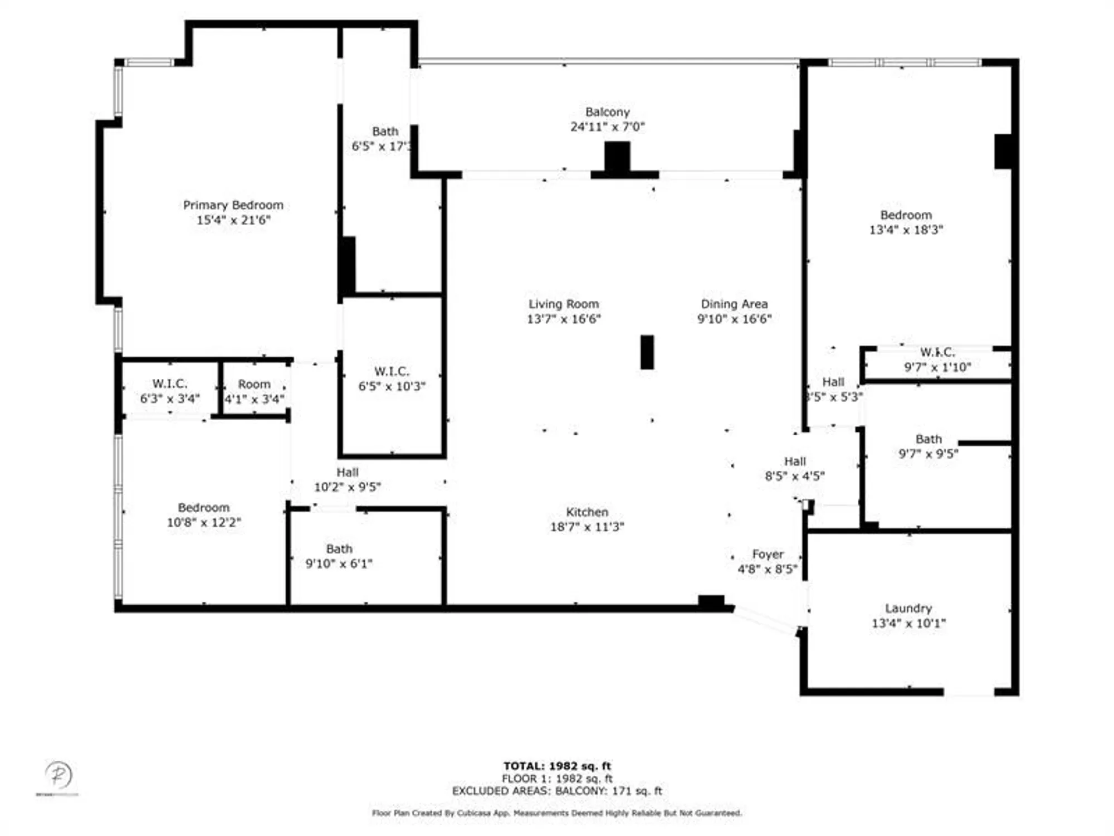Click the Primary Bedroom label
[233, 205]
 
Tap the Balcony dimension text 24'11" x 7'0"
[607, 127]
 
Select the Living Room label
[564, 304]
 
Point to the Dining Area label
[734, 304]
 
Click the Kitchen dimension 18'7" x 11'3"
[587, 527]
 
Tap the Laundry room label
[908, 609]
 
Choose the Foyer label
[768, 555]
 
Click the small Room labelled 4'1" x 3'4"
[254, 391]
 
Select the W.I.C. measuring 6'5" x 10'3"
[392, 379]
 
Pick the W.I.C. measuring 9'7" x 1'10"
[937, 359]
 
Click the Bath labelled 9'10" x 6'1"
[339, 556]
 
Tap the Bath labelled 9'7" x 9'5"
[928, 446]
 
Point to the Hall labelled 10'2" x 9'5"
[347, 480]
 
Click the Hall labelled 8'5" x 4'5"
[795, 469]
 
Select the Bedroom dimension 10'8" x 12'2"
[204, 523]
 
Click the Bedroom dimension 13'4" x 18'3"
[906, 230]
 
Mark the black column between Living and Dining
[647, 352]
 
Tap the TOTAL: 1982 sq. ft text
[557, 766]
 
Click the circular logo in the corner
[58, 775]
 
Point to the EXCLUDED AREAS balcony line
[557, 791]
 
